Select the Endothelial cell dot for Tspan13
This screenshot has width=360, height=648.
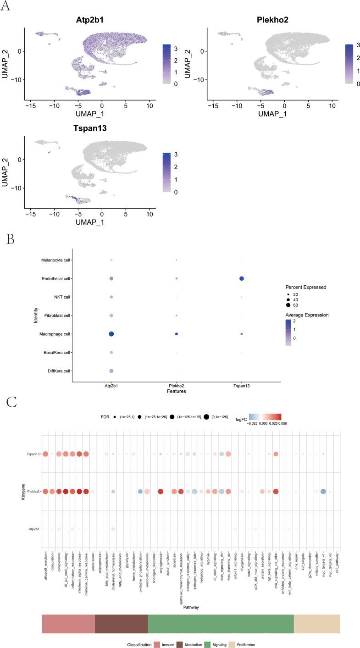point(241,278)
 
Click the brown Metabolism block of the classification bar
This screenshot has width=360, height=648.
point(122,620)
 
